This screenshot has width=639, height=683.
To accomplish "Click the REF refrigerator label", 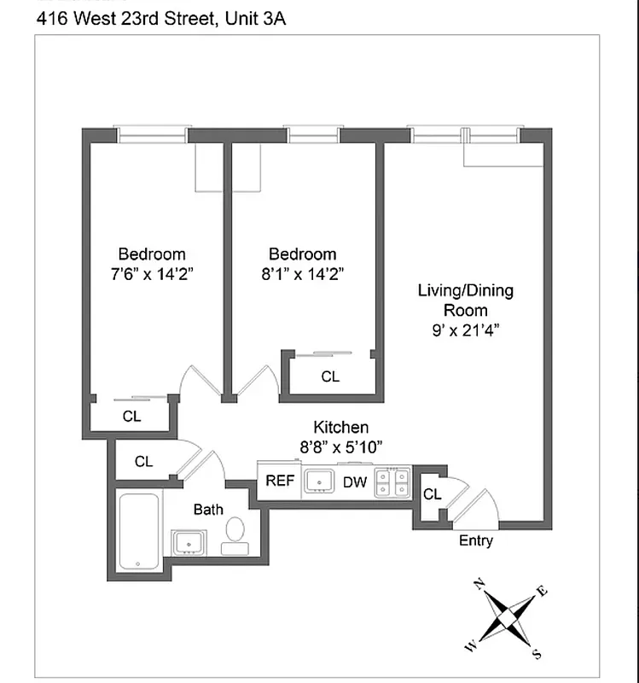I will point(280,481).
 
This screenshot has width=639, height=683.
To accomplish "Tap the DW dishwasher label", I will point(355,482).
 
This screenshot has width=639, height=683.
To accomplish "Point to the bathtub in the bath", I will point(137,532).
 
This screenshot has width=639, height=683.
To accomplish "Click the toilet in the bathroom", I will point(235,536).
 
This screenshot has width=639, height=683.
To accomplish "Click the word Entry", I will point(475,540).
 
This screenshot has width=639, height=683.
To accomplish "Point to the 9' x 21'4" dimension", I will point(465,330).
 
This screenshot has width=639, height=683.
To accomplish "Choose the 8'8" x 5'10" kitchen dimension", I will point(340,446).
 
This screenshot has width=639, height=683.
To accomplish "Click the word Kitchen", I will point(341,427).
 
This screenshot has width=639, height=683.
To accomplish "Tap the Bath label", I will point(208,510).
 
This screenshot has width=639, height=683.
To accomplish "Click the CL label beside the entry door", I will point(432,494).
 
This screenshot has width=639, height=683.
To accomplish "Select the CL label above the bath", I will point(143,461).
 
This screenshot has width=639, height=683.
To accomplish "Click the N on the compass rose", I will point(479,583).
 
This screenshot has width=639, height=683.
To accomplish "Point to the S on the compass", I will point(536,655).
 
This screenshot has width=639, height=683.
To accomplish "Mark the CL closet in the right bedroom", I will point(329,376).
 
